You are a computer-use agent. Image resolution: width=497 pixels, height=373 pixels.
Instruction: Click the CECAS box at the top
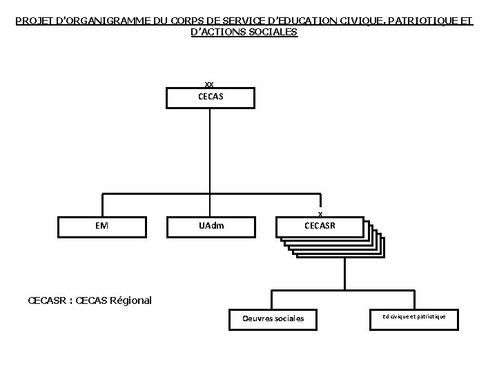pos(211,98)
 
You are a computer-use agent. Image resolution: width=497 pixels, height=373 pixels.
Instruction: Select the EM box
pos(101,226)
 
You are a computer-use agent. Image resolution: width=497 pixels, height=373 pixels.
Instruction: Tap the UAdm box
pos(211,226)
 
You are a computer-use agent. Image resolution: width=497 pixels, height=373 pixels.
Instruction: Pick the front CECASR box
pos(320,226)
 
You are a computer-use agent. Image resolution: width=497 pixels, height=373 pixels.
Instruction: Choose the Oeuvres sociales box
pos(273,318)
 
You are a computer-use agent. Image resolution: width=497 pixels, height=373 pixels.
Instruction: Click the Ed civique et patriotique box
pos(414,316)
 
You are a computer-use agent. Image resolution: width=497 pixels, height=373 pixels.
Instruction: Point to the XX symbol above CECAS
pos(209,84)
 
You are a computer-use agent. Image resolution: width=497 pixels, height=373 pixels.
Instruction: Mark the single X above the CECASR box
pos(320,213)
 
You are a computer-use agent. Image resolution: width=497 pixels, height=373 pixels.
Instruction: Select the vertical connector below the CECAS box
pos(210,149)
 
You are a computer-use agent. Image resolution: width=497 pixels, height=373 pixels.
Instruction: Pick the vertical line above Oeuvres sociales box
pos(271,298)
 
